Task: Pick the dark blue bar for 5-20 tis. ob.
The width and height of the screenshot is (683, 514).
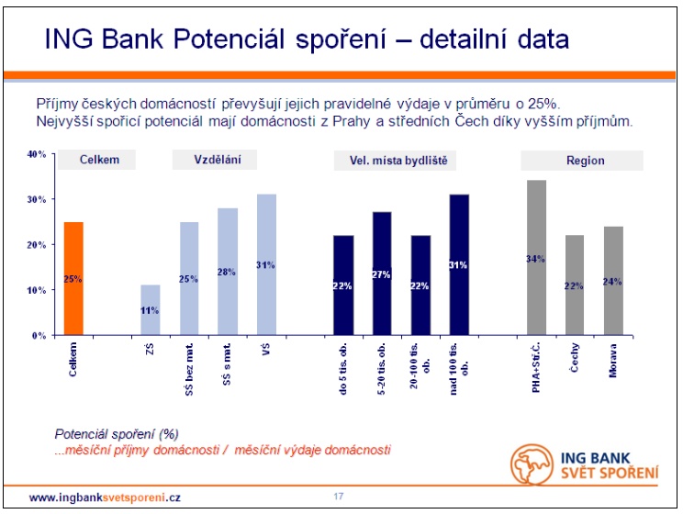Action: [382, 274]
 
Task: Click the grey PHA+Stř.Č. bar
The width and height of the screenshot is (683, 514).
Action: [537, 258]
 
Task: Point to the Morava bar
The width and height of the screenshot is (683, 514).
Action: [614, 281]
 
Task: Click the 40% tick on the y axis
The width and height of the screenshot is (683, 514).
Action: [37, 154]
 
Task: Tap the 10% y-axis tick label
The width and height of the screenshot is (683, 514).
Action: [37, 290]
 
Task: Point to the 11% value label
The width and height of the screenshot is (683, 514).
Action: [151, 311]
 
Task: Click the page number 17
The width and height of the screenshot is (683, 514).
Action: [339, 497]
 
